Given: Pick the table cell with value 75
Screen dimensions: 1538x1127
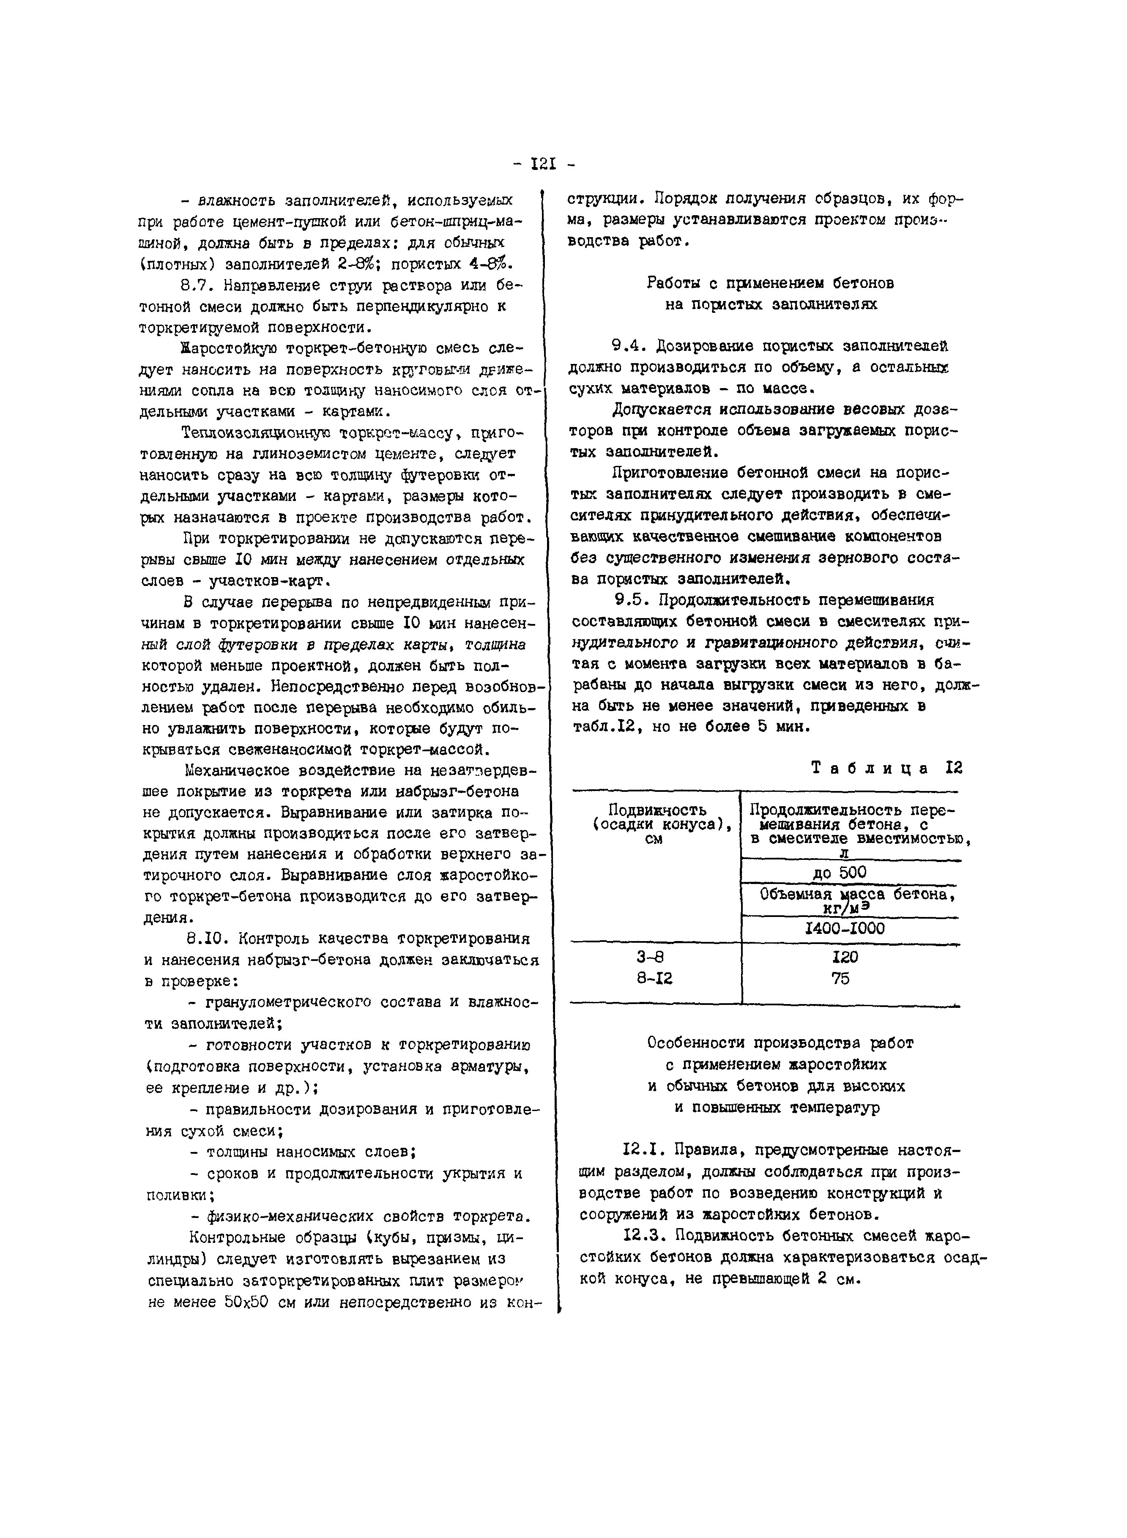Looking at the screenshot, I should (841, 979).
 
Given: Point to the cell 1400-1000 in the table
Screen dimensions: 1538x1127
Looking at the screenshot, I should (845, 929).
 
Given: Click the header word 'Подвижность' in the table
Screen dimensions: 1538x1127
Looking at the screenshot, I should (657, 810).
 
